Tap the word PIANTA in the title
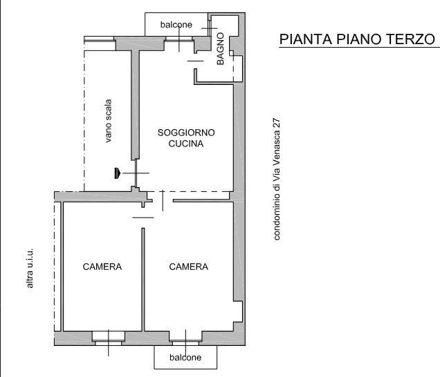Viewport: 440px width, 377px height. click(x=306, y=39)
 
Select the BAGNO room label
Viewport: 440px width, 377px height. click(x=220, y=49)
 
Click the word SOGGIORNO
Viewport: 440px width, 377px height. click(x=186, y=133)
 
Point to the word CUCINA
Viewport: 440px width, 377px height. click(x=186, y=144)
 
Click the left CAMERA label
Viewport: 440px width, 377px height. click(x=102, y=267)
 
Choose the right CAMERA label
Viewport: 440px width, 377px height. click(x=189, y=267)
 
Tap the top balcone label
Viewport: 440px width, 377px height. click(x=176, y=25)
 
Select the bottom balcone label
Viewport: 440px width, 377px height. click(x=185, y=358)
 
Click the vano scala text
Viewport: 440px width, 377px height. click(x=109, y=121)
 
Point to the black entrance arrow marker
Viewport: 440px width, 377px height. click(x=118, y=173)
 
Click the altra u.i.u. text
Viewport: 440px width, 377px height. click(x=30, y=268)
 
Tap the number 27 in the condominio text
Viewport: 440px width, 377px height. click(x=277, y=124)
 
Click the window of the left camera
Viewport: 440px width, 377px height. click(x=109, y=338)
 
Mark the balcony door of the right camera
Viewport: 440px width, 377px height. click(x=185, y=338)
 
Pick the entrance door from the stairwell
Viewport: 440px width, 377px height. click(x=136, y=173)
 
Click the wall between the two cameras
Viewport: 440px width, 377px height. click(x=143, y=280)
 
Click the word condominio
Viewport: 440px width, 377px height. click(x=277, y=214)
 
